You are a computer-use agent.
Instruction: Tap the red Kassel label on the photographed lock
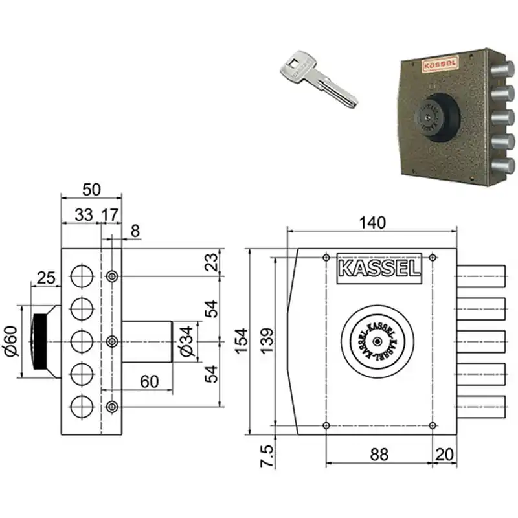coord(440,65)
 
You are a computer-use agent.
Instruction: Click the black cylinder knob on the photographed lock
coord(436,118)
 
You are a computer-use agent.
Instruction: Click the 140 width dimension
coord(372,223)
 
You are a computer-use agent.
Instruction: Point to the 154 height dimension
coord(242,341)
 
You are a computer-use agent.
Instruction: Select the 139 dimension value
coord(267,341)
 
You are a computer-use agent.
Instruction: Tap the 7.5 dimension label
coord(267,456)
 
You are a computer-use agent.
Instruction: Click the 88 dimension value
coord(379,455)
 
